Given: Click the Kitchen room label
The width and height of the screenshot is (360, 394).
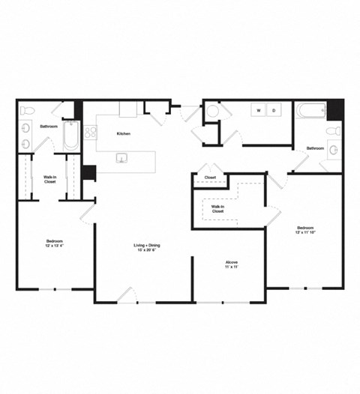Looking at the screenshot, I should click(x=123, y=133).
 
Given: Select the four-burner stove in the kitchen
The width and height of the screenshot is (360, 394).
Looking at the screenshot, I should click(x=91, y=133).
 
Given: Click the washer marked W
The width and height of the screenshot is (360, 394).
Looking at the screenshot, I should click(x=259, y=110).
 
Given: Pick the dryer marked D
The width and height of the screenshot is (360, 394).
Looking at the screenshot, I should click(x=274, y=110).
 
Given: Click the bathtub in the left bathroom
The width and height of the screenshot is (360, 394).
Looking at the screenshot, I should click(x=70, y=135).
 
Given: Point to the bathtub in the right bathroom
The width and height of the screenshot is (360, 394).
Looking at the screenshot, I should click(x=310, y=111).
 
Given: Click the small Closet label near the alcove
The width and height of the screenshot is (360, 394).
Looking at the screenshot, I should click(x=210, y=178).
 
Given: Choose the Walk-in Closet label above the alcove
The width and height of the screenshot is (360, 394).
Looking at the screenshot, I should click(x=217, y=209).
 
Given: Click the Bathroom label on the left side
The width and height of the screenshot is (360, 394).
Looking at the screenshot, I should click(x=49, y=127).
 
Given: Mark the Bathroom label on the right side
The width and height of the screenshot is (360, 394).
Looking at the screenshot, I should click(x=315, y=148).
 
